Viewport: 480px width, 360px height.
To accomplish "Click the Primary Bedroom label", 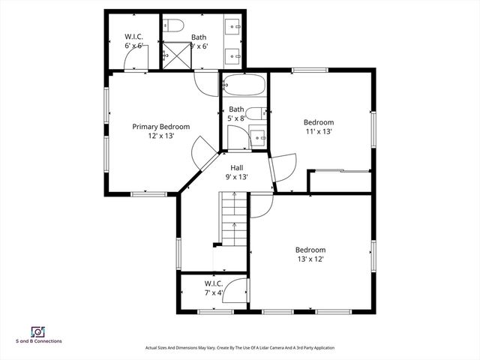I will pos(161,127).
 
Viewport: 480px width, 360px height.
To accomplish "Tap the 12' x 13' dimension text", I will pos(161,136).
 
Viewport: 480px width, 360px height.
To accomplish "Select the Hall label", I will pos(236,167).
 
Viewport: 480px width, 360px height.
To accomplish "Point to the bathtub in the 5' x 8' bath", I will pos(244,85).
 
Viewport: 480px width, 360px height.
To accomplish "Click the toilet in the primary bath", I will pos(173,27).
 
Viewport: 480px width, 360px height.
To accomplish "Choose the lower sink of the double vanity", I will pos(235,54).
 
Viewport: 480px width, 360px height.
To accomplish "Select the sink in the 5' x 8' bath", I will pos(259,136).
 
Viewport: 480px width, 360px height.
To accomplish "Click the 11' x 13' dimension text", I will pos(318,131).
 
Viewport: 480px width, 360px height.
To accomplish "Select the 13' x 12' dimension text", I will pos(310,259).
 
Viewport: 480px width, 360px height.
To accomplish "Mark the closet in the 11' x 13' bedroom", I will pos(340,181).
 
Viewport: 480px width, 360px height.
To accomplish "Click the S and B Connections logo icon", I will pos(37,331).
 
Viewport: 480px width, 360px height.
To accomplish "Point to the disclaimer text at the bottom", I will pos(239,348).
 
